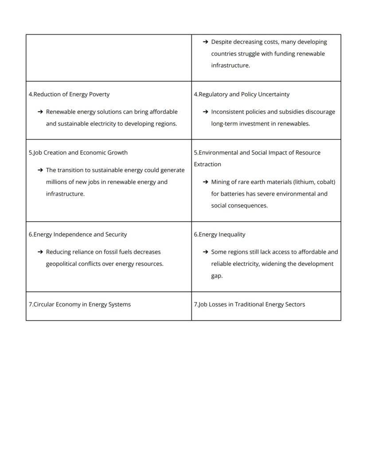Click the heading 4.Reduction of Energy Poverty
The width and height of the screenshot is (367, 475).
click(x=69, y=94)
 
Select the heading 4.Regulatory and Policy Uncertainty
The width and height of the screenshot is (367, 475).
click(x=242, y=94)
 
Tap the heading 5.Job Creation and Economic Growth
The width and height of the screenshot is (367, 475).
click(x=78, y=153)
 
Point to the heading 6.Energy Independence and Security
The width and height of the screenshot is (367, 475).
click(x=78, y=235)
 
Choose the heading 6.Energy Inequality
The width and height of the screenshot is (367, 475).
click(x=219, y=235)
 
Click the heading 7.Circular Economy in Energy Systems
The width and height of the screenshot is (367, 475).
click(x=80, y=305)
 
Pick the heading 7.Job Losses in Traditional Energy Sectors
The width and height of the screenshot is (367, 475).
click(x=249, y=305)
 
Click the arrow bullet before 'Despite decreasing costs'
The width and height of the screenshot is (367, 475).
click(x=205, y=42)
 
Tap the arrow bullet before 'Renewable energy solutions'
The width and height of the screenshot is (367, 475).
click(x=40, y=112)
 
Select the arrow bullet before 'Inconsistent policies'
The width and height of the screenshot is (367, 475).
click(x=205, y=112)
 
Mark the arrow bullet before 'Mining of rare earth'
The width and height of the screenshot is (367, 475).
click(x=205, y=182)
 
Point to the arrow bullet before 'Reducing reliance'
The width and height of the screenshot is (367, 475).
click(x=40, y=252)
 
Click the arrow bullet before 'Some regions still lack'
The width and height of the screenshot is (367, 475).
click(x=205, y=252)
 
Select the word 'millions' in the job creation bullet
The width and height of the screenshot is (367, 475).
click(x=57, y=182)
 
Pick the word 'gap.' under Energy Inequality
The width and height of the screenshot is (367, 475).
click(x=217, y=276)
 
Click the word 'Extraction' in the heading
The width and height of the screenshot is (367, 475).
click(x=207, y=165)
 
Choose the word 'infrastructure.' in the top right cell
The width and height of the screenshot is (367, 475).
click(x=230, y=66)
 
